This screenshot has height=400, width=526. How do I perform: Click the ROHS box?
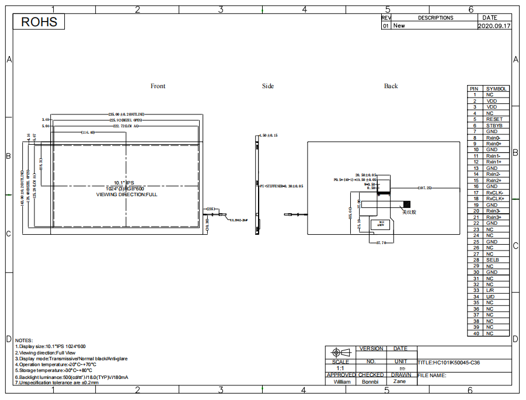pyautogui.click(x=40, y=22)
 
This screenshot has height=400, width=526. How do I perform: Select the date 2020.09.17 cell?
pyautogui.click(x=494, y=26)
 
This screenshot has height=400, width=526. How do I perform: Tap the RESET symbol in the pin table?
pyautogui.click(x=493, y=119)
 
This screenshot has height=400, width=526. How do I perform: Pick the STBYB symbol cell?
pyautogui.click(x=493, y=126)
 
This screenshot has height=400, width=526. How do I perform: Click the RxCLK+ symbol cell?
pyautogui.click(x=494, y=199)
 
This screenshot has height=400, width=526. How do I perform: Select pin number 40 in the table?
pyautogui.click(x=475, y=333)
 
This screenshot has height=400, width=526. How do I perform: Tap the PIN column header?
pyautogui.click(x=474, y=89)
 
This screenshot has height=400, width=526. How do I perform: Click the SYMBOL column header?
pyautogui.click(x=496, y=89)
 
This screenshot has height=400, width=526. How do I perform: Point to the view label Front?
pyautogui.click(x=158, y=86)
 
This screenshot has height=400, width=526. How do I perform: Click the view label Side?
pyautogui.click(x=267, y=86)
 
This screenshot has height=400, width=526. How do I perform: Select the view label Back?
pyautogui.click(x=391, y=86)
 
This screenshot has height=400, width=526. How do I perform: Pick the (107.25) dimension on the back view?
pyautogui.click(x=424, y=188)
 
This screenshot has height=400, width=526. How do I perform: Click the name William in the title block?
pyautogui.click(x=342, y=381)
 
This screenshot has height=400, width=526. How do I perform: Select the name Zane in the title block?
pyautogui.click(x=399, y=381)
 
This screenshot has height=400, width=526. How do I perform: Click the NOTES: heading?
pyautogui.click(x=24, y=340)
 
